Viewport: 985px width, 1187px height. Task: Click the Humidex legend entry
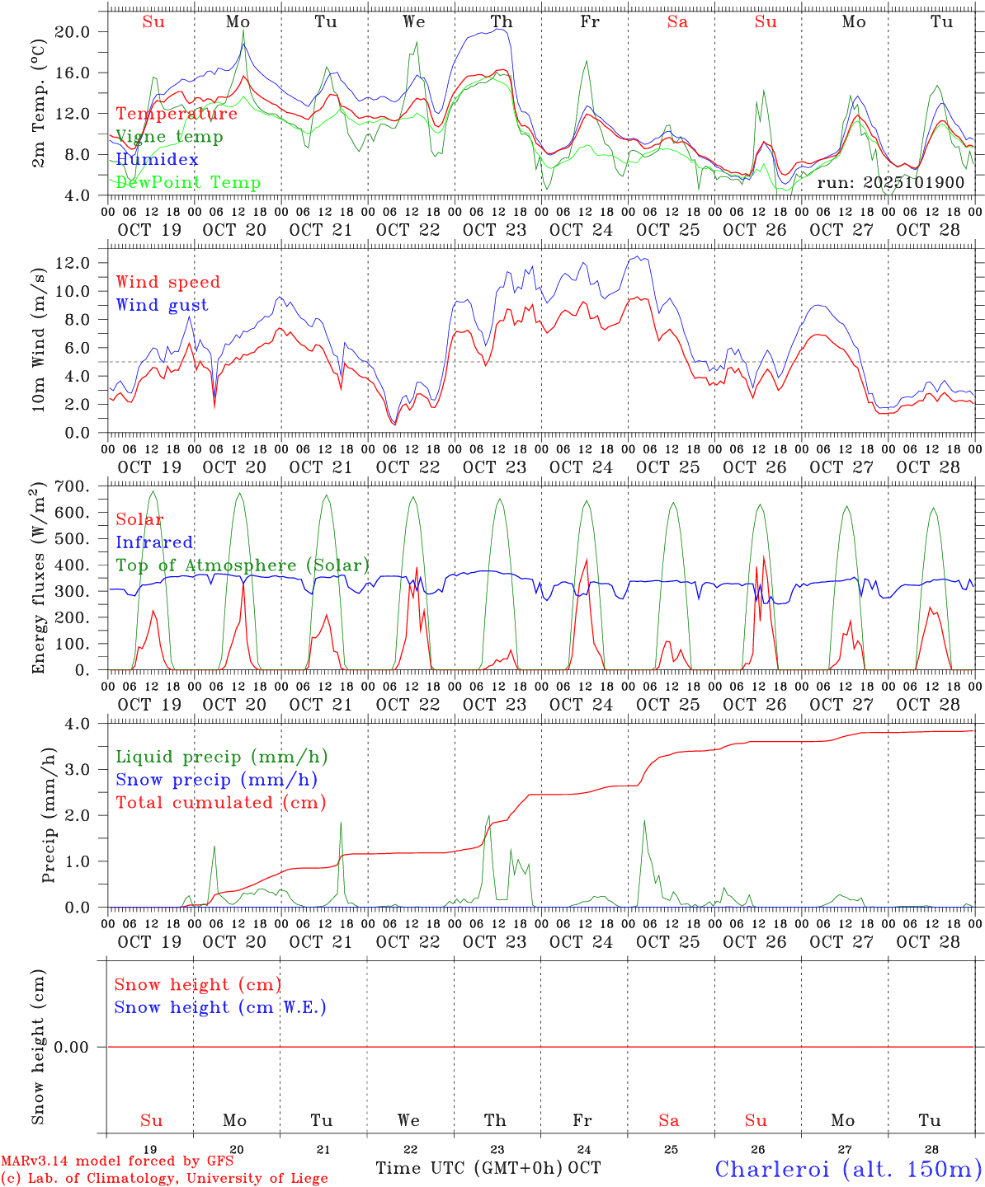(x=157, y=159)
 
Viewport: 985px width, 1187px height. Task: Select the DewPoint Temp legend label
(x=188, y=182)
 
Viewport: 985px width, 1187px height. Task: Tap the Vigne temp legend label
(x=169, y=136)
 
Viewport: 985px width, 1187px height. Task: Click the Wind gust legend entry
(x=162, y=305)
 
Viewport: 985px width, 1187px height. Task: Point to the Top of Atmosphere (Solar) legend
(x=243, y=565)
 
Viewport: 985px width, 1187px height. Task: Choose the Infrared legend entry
(x=154, y=542)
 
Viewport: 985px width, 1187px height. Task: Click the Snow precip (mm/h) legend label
(x=216, y=780)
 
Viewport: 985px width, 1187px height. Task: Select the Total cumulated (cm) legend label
(x=220, y=802)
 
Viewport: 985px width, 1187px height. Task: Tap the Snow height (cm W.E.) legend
(x=220, y=1007)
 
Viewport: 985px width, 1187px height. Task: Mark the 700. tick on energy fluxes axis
(x=73, y=486)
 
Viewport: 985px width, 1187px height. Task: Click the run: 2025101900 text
(x=890, y=182)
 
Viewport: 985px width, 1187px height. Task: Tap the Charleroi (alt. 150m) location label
(x=848, y=1169)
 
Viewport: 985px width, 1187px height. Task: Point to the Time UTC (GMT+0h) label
(x=469, y=1168)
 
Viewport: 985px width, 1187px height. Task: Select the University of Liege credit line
(x=164, y=1178)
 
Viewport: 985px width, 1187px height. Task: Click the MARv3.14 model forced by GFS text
(x=117, y=1161)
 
